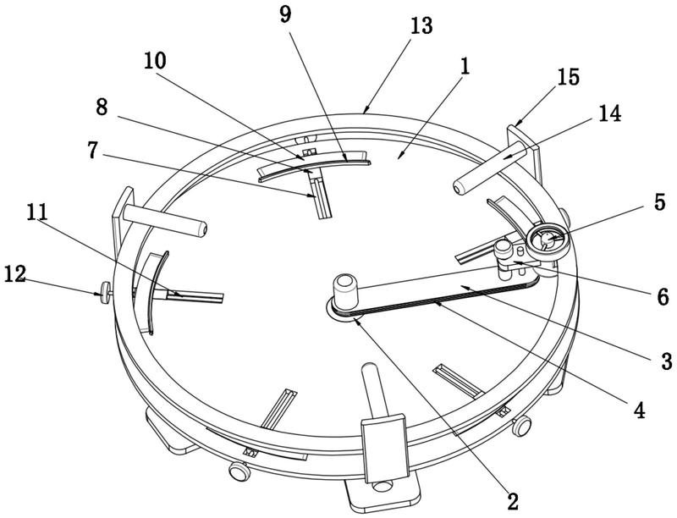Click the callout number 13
(x=421, y=26)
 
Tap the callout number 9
(x=285, y=14)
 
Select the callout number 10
(x=155, y=61)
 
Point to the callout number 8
(x=102, y=107)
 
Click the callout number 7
(x=92, y=150)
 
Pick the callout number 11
(x=37, y=212)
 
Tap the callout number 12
(x=15, y=274)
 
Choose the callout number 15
(x=568, y=77)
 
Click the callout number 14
(x=609, y=114)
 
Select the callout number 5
(x=660, y=202)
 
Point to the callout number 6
(x=663, y=297)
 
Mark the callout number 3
(x=667, y=361)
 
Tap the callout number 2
(x=513, y=502)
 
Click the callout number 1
(x=465, y=67)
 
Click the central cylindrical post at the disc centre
(x=345, y=291)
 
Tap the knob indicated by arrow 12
(x=105, y=294)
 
